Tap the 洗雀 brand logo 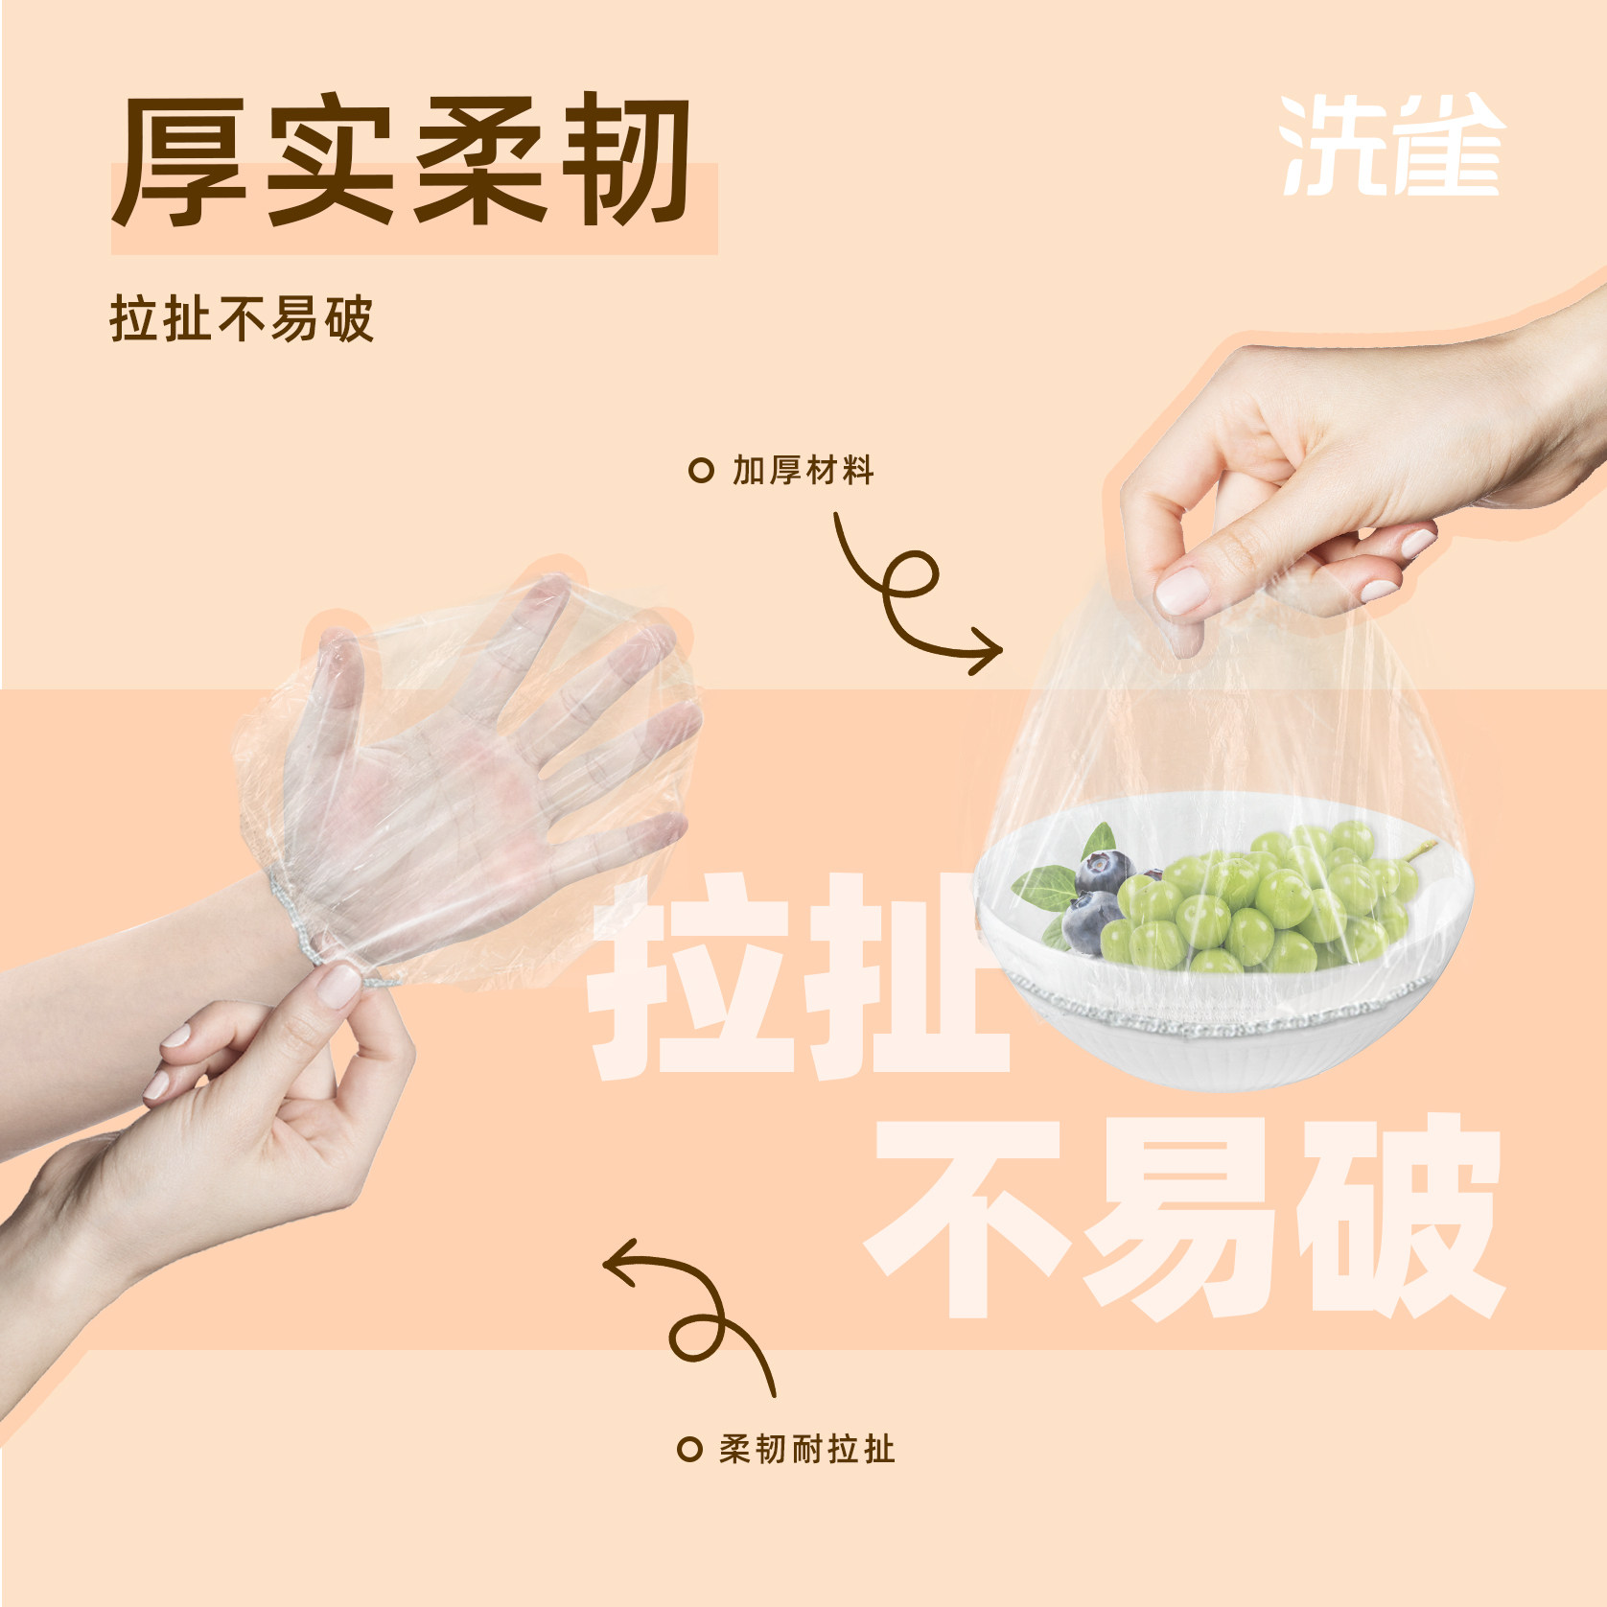(1390, 147)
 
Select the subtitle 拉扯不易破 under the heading (241, 319)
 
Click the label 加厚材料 (803, 471)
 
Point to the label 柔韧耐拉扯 (807, 1448)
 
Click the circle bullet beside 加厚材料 (702, 471)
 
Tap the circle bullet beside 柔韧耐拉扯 (689, 1449)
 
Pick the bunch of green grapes (1256, 901)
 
